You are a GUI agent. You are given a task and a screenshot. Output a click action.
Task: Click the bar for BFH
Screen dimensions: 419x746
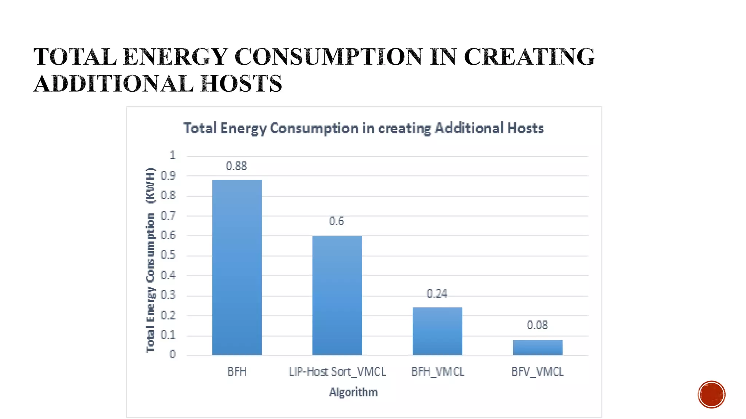[237, 267]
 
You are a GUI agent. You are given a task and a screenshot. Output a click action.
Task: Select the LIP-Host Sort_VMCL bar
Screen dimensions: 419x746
[337, 295]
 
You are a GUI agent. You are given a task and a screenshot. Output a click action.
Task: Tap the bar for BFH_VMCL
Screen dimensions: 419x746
[437, 331]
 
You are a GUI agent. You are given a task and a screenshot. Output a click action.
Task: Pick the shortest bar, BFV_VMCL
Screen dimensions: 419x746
[537, 347]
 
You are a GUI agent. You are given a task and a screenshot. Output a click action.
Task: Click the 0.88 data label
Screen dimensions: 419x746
[236, 166]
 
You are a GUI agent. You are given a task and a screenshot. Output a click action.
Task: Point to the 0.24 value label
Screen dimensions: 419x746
[437, 294]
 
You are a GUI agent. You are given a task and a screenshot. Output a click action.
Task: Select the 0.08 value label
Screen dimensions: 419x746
[537, 325]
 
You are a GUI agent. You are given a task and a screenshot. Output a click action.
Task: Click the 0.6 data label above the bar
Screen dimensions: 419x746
[337, 221]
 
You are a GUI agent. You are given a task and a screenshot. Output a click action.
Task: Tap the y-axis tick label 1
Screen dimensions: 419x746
[172, 155]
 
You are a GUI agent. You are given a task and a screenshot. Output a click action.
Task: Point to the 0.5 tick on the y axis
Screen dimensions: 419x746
[168, 255]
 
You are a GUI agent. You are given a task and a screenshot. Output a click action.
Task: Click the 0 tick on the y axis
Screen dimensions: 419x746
[172, 354]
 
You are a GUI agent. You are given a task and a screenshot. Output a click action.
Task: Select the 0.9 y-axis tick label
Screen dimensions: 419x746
[168, 176]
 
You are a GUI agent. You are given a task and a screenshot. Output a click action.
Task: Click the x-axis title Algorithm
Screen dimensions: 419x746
[353, 392]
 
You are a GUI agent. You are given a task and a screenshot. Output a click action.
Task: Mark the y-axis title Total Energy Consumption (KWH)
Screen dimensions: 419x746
[150, 260]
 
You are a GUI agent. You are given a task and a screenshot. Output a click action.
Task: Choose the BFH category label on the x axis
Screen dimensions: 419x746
[237, 372]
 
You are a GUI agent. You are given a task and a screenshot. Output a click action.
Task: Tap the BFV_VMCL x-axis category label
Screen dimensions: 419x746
[537, 372]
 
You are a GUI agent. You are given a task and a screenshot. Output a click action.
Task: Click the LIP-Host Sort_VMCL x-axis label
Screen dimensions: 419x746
[337, 372]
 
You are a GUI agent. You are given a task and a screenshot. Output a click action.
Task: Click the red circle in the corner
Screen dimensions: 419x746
[711, 394]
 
